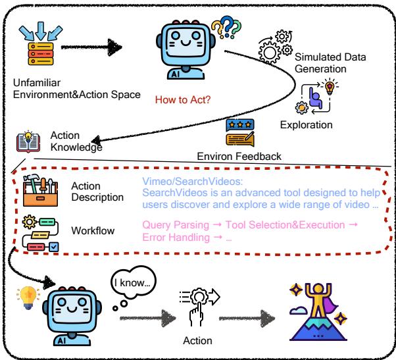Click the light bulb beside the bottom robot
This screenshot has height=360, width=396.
pos(27,295)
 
